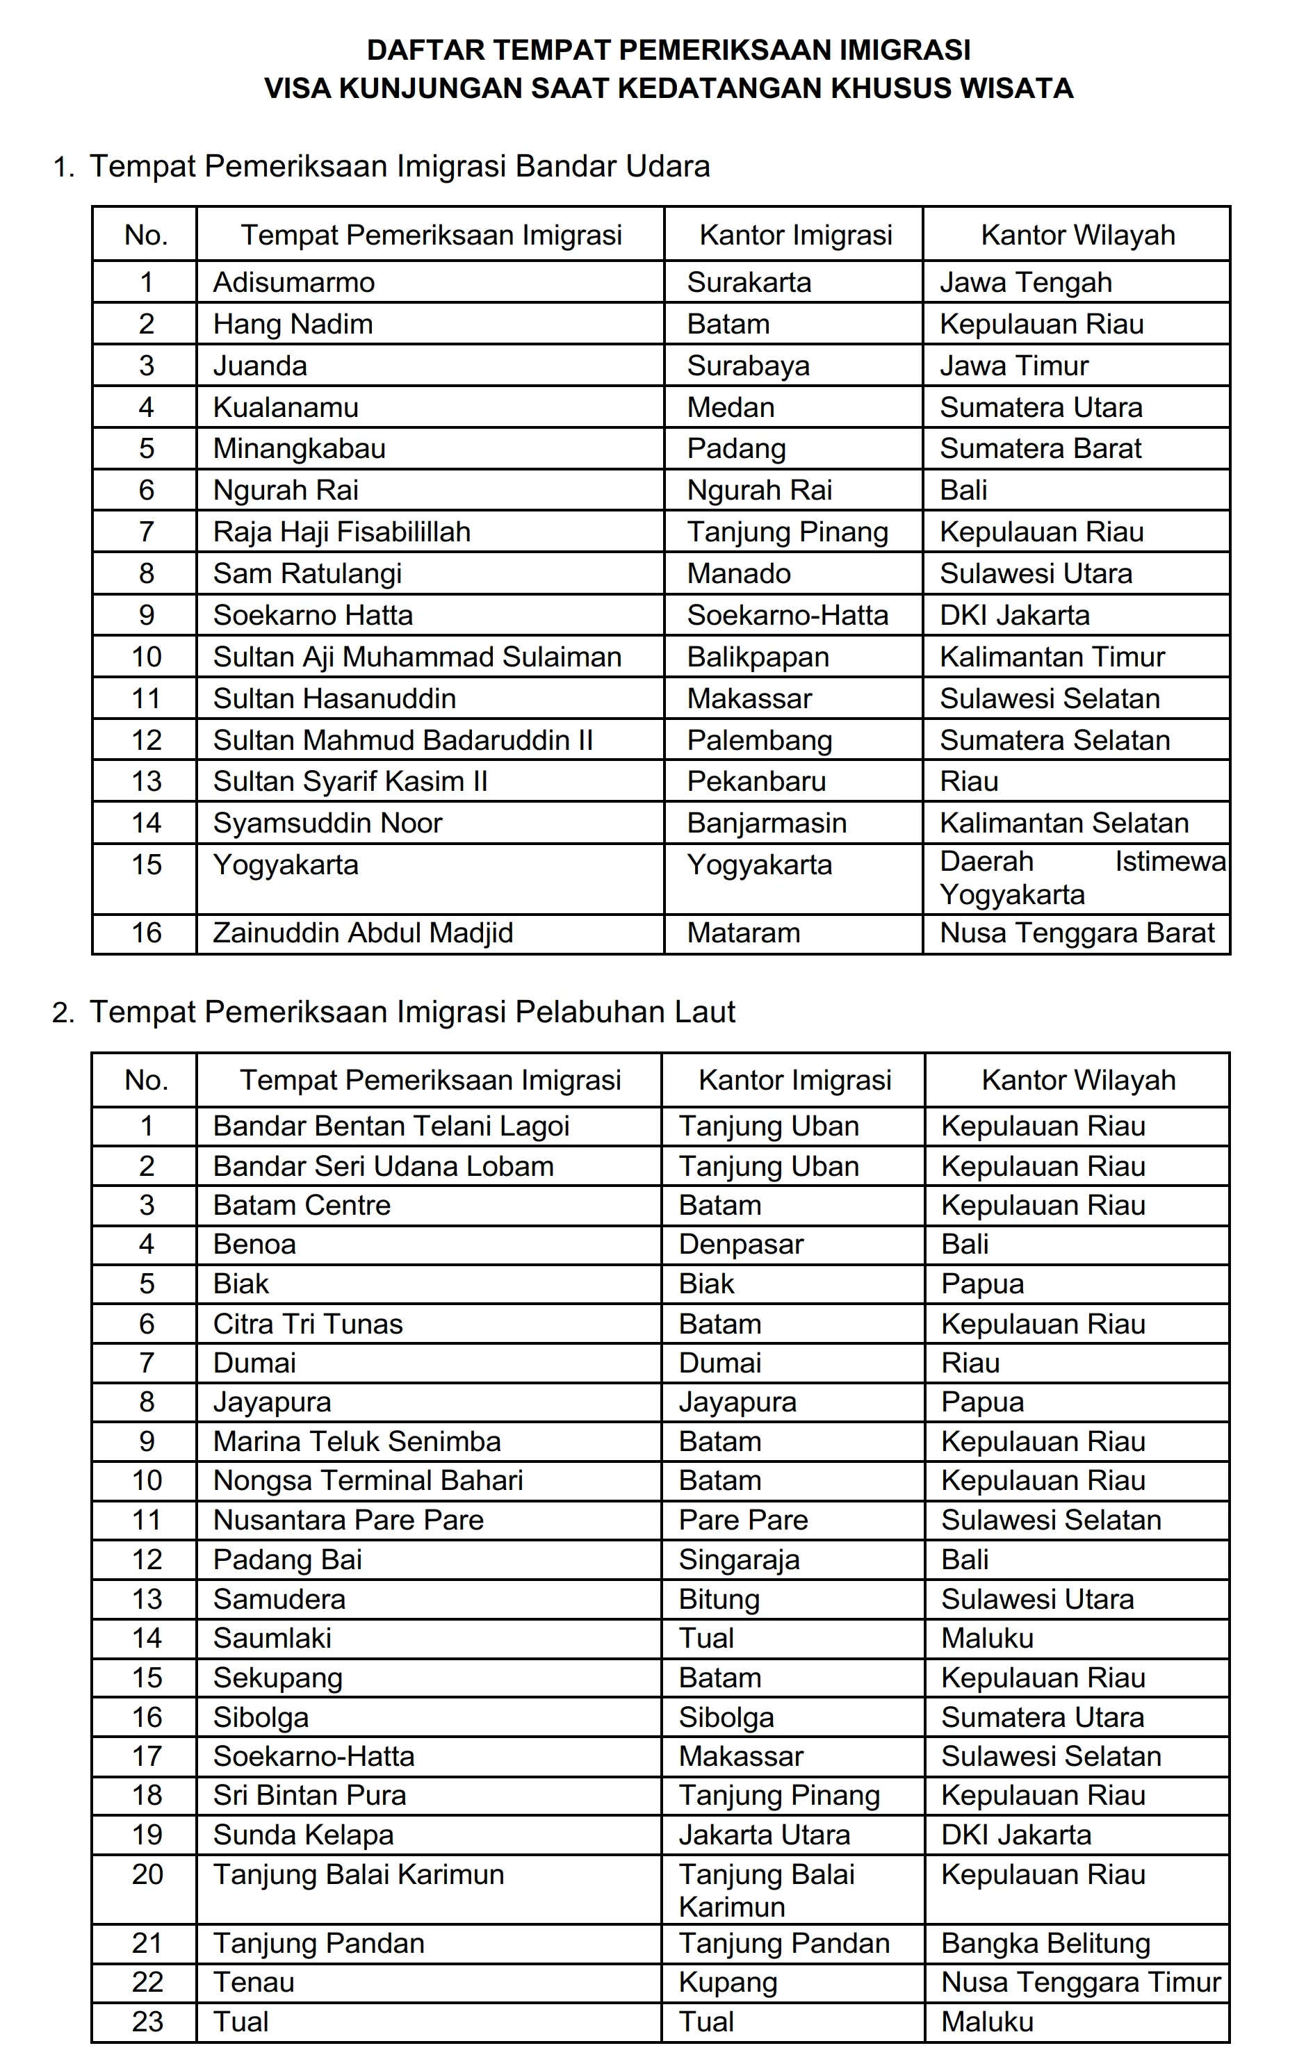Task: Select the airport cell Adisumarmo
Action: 293,283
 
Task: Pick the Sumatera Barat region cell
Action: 1040,448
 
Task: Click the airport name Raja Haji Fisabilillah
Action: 341,532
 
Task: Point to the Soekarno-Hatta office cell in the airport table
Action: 787,616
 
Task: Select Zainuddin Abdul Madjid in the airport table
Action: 363,933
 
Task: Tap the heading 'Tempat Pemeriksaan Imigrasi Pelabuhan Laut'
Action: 412,1013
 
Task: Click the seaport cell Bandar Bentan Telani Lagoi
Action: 391,1127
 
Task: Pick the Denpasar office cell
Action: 741,1245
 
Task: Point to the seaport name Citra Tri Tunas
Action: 308,1325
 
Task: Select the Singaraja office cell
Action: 738,1560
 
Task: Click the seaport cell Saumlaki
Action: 272,1638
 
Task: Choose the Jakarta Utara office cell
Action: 764,1835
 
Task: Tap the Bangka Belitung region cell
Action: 1045,1943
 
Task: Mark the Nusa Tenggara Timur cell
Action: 1080,1983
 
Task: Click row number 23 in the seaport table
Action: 147,2022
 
